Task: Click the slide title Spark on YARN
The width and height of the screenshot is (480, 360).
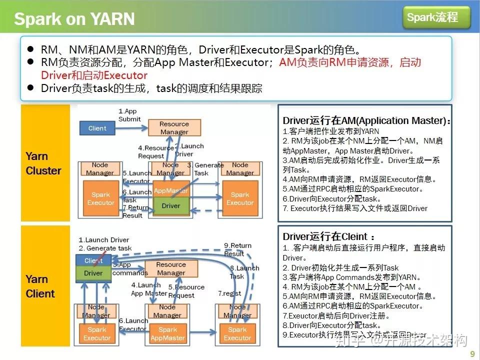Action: click(x=74, y=19)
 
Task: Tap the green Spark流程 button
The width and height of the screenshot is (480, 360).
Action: click(x=436, y=18)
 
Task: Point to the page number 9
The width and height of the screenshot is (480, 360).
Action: click(x=472, y=354)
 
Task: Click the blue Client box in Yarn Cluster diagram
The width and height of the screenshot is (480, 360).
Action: click(x=97, y=128)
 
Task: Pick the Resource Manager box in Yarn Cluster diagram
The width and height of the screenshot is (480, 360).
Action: click(x=174, y=128)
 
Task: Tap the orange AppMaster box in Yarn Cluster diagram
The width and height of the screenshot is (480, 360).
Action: click(x=171, y=190)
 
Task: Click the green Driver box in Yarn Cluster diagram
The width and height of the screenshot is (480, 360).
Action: click(x=171, y=205)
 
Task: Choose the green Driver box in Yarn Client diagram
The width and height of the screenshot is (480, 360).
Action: click(x=93, y=273)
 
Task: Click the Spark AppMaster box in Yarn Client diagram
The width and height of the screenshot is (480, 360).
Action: click(x=168, y=333)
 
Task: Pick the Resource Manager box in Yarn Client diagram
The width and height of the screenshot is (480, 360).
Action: click(x=171, y=268)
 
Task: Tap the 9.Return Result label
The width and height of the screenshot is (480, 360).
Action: click(x=237, y=249)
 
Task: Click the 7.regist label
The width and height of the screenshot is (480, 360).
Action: click(x=229, y=293)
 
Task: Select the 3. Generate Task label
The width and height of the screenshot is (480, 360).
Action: click(x=205, y=169)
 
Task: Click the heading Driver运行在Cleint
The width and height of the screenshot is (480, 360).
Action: click(x=328, y=236)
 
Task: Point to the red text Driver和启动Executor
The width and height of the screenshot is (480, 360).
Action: click(x=94, y=75)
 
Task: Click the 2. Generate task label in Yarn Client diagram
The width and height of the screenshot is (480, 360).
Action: click(x=105, y=248)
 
